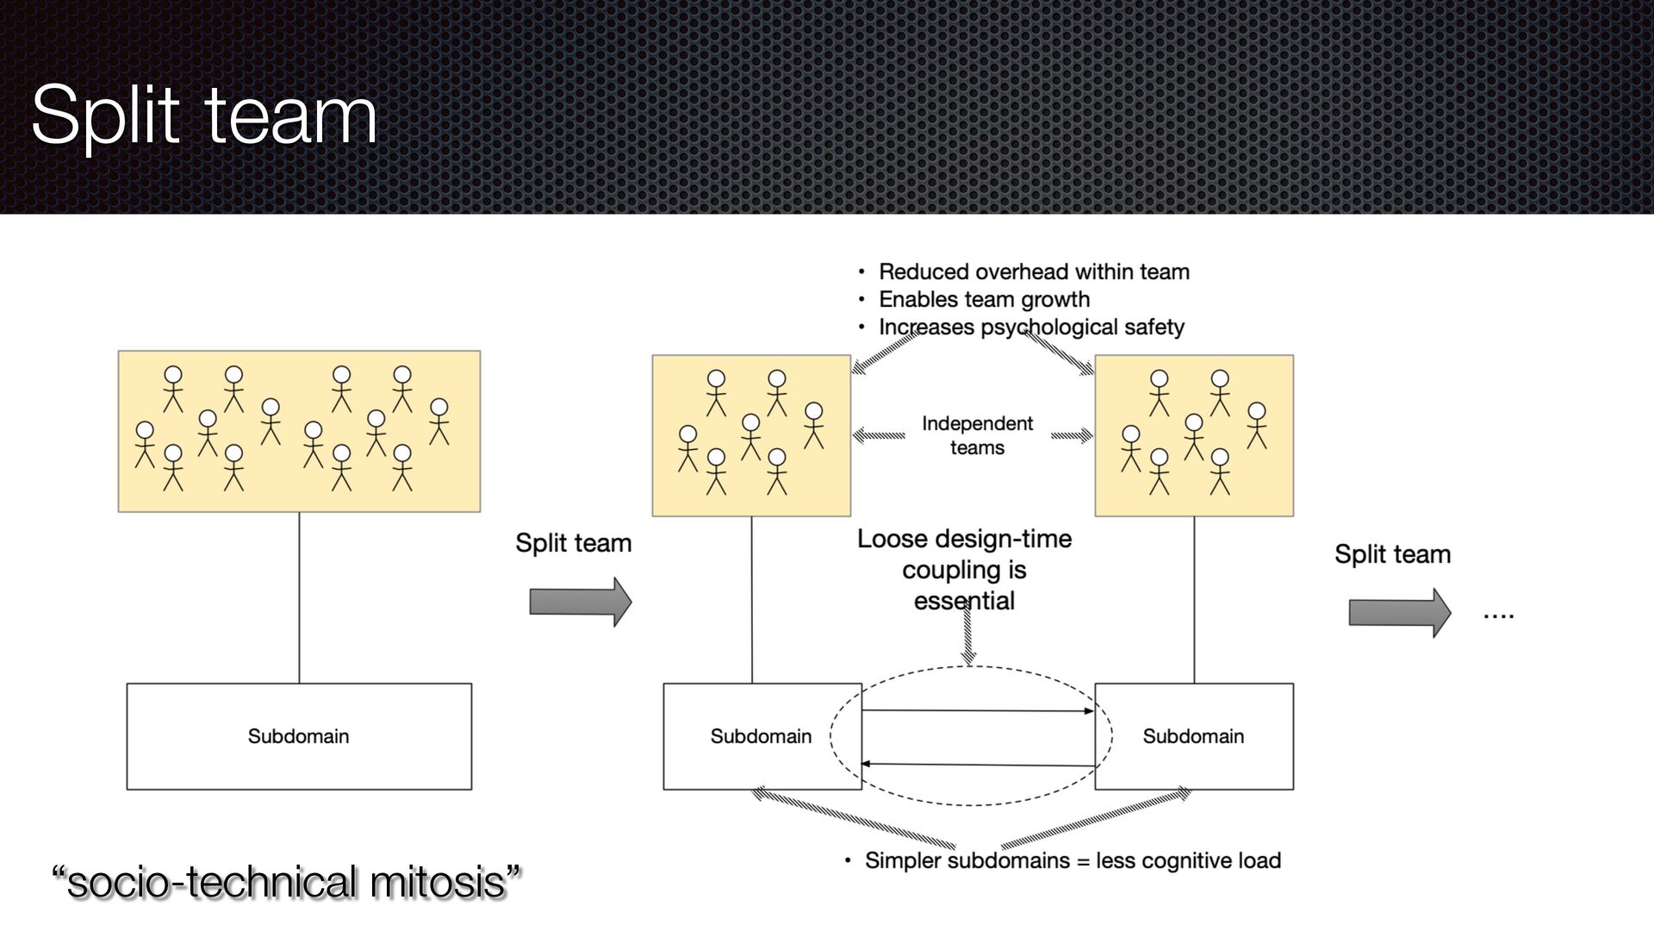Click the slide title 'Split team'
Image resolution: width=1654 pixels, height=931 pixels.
point(204,115)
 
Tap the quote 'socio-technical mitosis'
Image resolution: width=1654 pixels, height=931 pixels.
point(287,882)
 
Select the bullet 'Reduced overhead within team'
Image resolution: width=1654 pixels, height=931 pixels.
point(1033,272)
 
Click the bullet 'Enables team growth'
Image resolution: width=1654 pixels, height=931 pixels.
point(984,300)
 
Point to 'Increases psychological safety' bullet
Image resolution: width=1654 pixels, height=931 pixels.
point(1030,328)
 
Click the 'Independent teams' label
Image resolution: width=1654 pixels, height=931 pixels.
point(977,435)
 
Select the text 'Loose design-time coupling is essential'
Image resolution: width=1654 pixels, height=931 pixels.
point(964,570)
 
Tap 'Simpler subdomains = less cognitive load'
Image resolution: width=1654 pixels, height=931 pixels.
point(1072,860)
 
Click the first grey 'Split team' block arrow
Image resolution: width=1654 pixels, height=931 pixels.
point(580,602)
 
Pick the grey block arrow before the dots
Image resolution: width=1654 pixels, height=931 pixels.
point(1399,613)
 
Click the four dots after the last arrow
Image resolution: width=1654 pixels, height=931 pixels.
point(1498,615)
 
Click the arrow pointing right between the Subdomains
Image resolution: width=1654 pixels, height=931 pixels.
point(978,711)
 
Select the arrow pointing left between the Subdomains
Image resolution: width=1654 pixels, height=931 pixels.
point(978,765)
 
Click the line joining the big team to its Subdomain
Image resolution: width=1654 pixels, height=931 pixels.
point(299,597)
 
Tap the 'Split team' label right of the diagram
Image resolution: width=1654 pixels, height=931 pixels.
point(1392,554)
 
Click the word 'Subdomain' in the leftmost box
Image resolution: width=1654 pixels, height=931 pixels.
point(298,736)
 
